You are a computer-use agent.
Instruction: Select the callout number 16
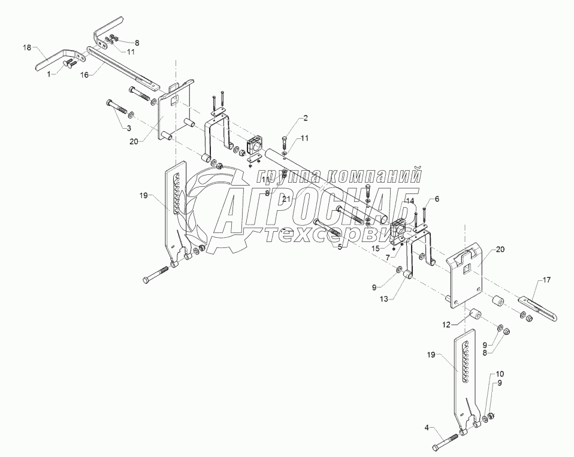(x=85, y=75)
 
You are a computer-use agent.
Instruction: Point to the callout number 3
(x=127, y=128)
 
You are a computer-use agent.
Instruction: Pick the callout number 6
(x=437, y=199)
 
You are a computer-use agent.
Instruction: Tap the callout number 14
(x=410, y=201)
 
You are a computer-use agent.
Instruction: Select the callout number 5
(x=340, y=246)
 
